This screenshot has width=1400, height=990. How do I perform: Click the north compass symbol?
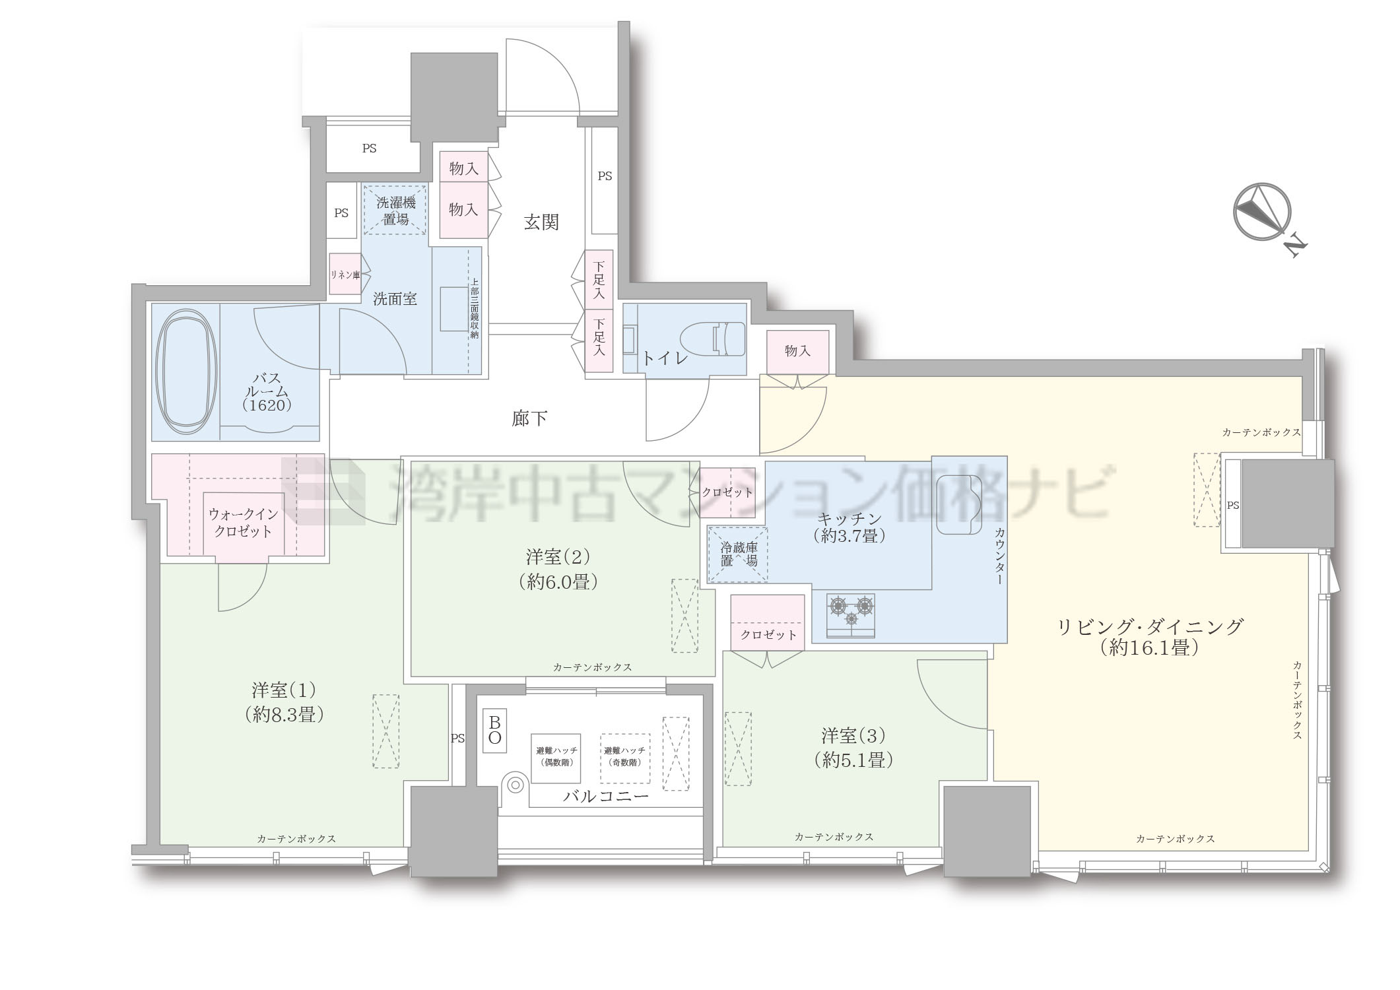[x=1262, y=213]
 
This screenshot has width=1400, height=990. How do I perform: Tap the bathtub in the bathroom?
[x=185, y=373]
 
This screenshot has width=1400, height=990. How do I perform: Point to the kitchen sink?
[x=960, y=505]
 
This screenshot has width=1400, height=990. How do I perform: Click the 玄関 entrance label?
[x=541, y=222]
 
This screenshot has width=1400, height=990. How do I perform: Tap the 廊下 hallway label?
[x=529, y=418]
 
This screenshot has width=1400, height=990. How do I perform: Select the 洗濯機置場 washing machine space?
[x=395, y=209]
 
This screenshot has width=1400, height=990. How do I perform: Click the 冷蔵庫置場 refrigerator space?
[x=738, y=554]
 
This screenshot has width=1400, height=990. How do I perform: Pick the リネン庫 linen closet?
[x=345, y=274]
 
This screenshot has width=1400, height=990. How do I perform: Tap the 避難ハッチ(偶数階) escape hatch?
[x=556, y=758]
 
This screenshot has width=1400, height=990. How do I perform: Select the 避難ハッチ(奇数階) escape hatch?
[x=625, y=758]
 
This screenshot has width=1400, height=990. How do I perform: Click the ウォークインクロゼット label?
[x=243, y=523]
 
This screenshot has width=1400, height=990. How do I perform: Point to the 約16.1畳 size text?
[x=1149, y=649]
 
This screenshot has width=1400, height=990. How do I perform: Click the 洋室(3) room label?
[x=853, y=735]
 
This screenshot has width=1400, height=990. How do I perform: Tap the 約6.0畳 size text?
[x=558, y=582]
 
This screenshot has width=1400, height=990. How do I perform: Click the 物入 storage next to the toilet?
[x=797, y=352]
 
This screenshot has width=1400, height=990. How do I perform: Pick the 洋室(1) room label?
[x=284, y=690]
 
